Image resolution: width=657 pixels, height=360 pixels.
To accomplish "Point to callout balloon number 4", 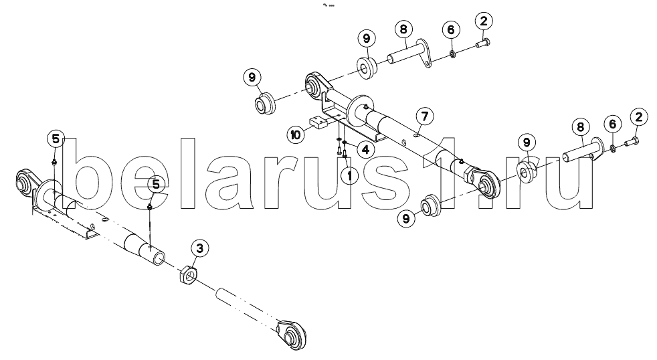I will point(365,149).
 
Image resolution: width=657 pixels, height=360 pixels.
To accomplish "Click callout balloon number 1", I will point(348,175).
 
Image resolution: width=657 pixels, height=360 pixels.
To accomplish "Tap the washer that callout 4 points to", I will point(344,143).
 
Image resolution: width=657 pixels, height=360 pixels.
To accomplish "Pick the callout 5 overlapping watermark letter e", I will point(155,183).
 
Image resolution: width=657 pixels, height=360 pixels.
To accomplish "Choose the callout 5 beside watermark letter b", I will point(56,139).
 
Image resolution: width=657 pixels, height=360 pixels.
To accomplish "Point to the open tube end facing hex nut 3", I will point(159,256).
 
